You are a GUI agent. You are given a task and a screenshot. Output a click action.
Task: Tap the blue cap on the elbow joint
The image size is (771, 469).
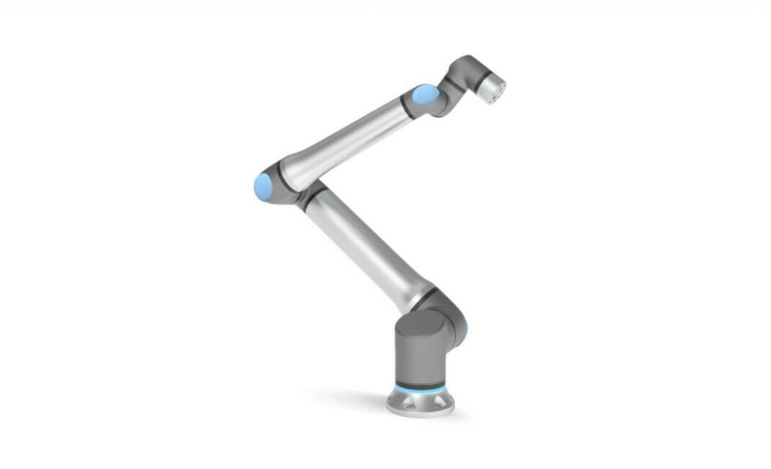tap(263, 185)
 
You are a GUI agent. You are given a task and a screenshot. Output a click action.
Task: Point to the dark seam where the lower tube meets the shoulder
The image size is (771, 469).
tap(423, 294)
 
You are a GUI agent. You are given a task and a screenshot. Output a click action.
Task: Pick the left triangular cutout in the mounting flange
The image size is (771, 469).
tap(401, 400)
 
